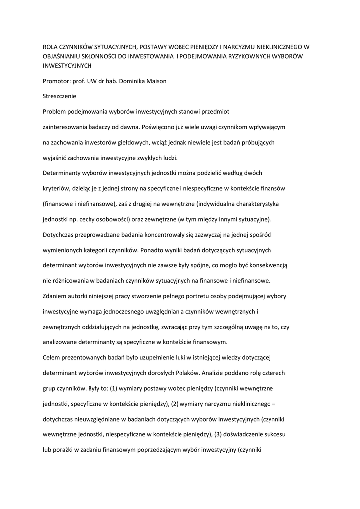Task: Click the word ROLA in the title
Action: pyautogui.click(x=51, y=47)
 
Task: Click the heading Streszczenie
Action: pyautogui.click(x=62, y=96)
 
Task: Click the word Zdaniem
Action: pyautogui.click(x=57, y=297)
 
